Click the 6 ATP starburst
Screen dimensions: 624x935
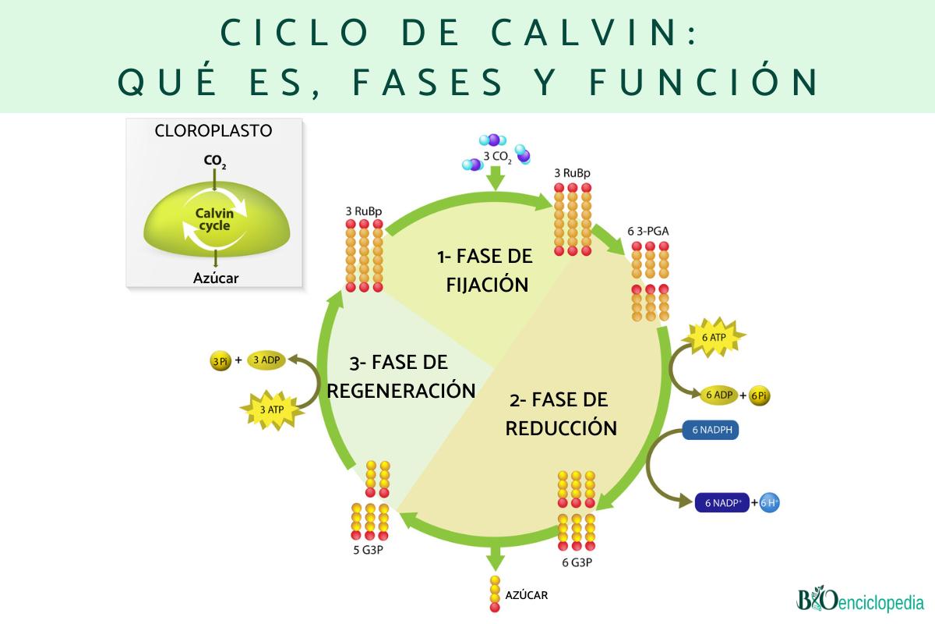(x=713, y=338)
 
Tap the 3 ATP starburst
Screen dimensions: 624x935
(x=271, y=408)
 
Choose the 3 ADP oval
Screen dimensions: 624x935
(x=266, y=360)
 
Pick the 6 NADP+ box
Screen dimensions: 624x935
(x=722, y=503)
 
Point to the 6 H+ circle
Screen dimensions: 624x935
(x=769, y=503)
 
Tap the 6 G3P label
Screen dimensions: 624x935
(x=576, y=561)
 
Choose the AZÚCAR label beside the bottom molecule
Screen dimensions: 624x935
(x=527, y=595)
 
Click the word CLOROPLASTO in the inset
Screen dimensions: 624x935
(x=214, y=131)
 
